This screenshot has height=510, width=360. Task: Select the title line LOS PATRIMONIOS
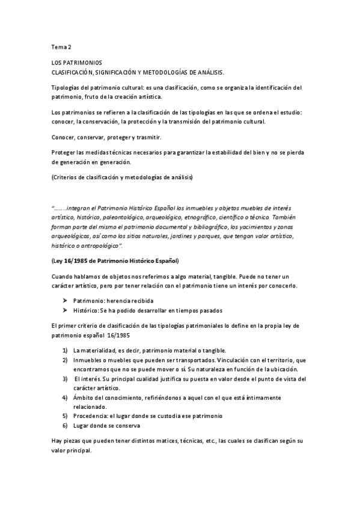77,63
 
